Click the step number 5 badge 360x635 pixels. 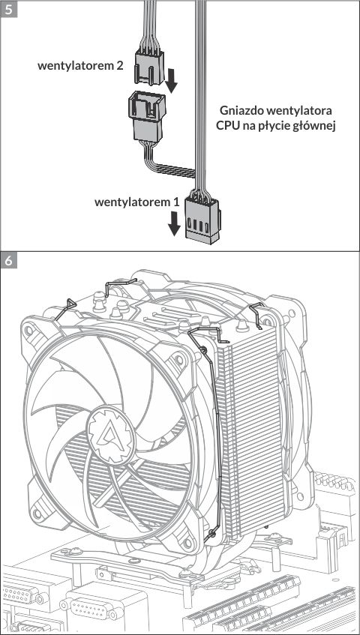click(8, 8)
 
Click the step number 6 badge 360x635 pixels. click(8, 260)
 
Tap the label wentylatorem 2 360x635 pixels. click(80, 66)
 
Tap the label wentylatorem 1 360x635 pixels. click(136, 202)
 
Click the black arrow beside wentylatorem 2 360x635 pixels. click(172, 80)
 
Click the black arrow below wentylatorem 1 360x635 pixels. click(174, 223)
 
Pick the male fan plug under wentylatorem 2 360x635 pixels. click(149, 67)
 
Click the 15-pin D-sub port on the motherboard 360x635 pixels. click(91, 608)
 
